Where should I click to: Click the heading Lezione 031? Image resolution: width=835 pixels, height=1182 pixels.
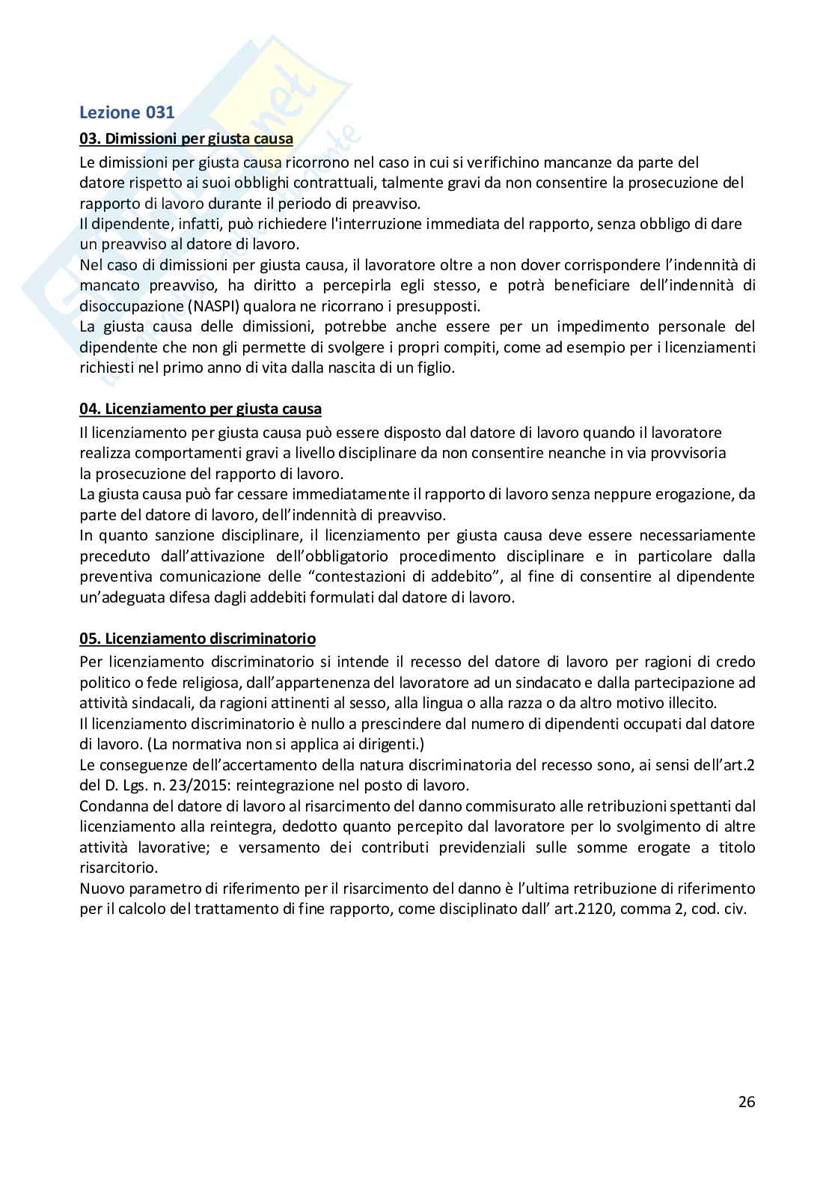click(x=127, y=113)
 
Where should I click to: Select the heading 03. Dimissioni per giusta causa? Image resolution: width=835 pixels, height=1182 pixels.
click(x=186, y=139)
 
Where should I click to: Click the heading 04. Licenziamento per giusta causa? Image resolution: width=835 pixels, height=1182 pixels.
click(x=201, y=409)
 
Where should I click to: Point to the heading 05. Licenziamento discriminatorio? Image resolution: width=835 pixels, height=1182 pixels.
click(x=198, y=639)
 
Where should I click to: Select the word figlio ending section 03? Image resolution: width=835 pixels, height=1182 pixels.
click(x=434, y=368)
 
